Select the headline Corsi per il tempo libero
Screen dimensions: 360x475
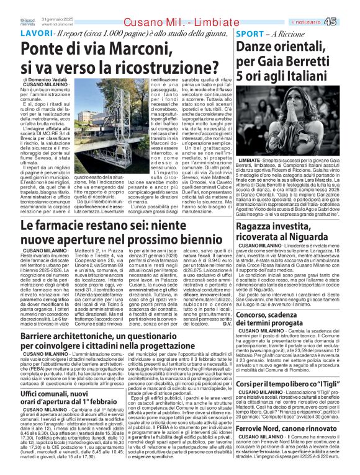pyautogui.click(x=295, y=384)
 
